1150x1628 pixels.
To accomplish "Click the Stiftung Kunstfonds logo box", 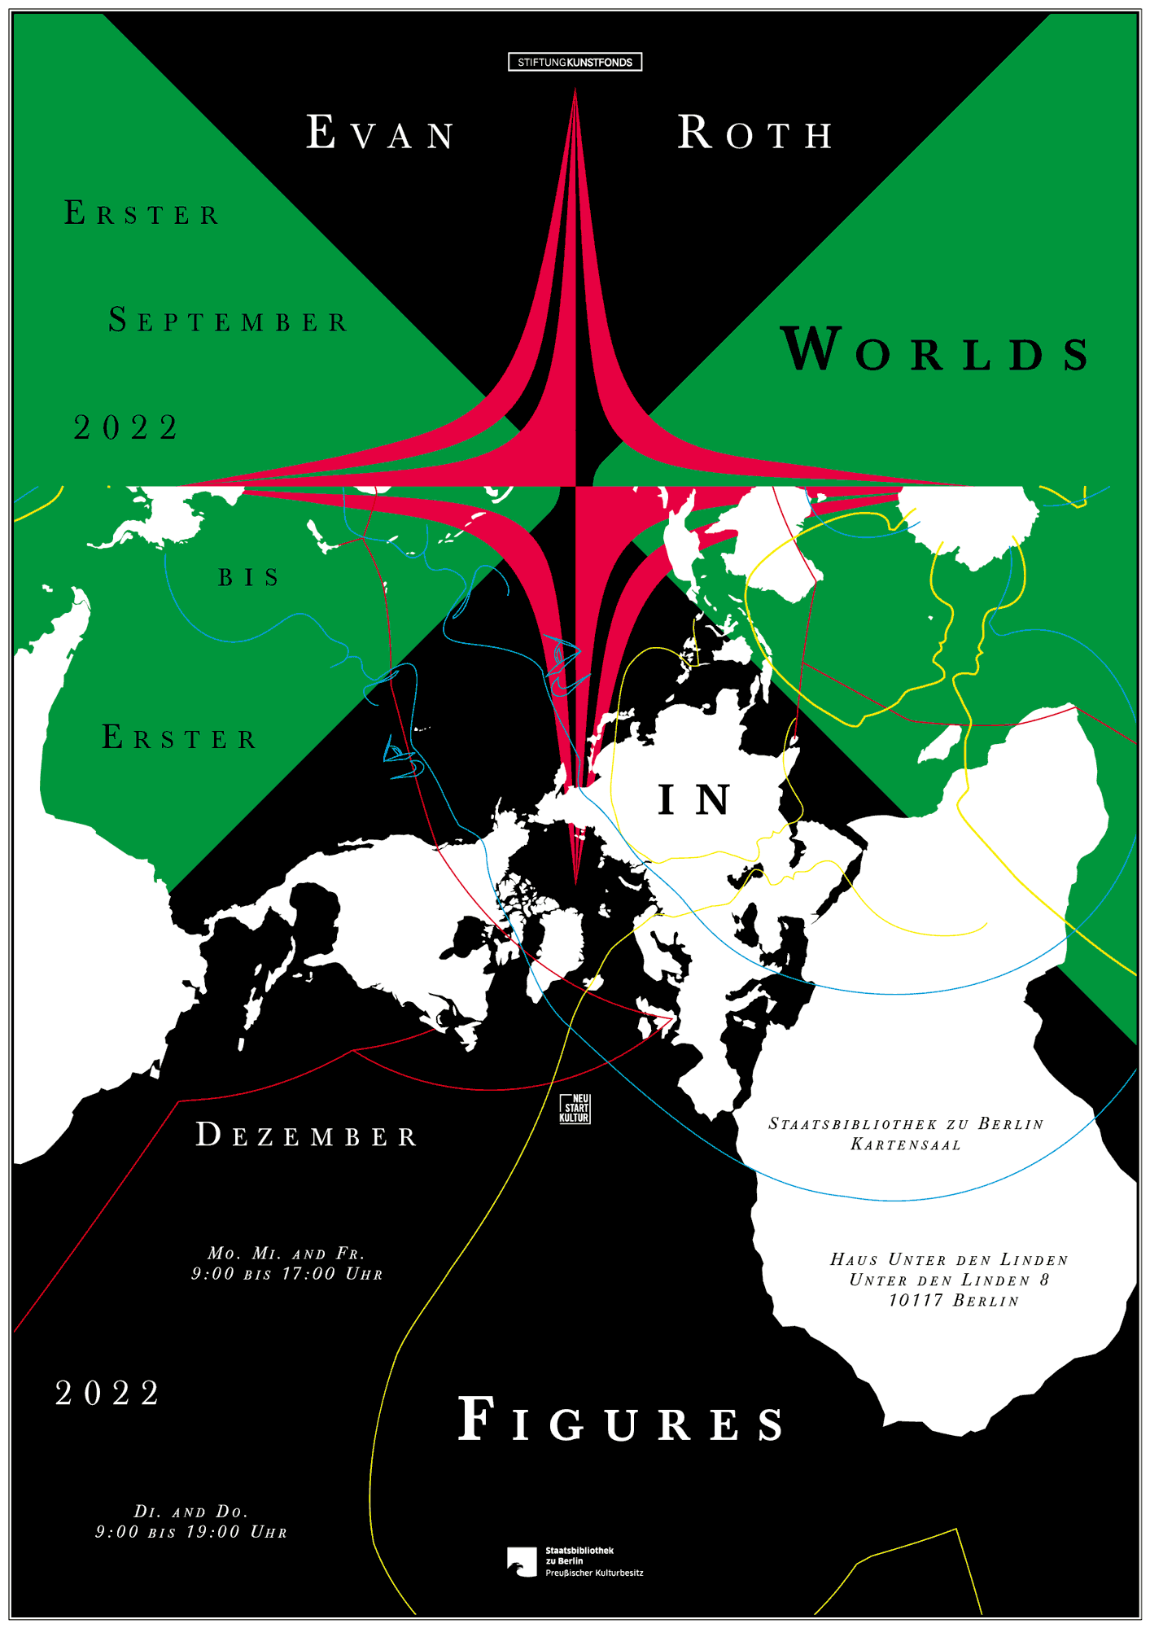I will [x=575, y=62].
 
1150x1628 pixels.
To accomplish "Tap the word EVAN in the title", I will [x=381, y=133].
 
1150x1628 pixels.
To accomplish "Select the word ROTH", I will [x=756, y=133].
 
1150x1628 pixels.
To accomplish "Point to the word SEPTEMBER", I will [x=229, y=321].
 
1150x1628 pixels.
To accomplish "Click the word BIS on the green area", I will [x=248, y=577].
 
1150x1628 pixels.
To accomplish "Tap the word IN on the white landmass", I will [x=694, y=799].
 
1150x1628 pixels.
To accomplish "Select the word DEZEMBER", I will [x=307, y=1135].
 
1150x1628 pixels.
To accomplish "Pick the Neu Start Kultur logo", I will [x=575, y=1109].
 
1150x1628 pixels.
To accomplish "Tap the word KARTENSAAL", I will [x=906, y=1144].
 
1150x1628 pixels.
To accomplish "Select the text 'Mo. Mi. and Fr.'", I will [x=286, y=1254].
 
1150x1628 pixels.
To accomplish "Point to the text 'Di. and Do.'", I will [x=191, y=1512].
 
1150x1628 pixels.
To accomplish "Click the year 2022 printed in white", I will [x=108, y=1394].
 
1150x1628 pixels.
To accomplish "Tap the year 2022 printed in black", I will [x=126, y=427].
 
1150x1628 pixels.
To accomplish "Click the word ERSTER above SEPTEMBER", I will [x=142, y=213].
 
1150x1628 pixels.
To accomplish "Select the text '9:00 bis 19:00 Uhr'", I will [x=191, y=1532].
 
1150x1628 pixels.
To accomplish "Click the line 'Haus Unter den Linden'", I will [x=949, y=1260].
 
